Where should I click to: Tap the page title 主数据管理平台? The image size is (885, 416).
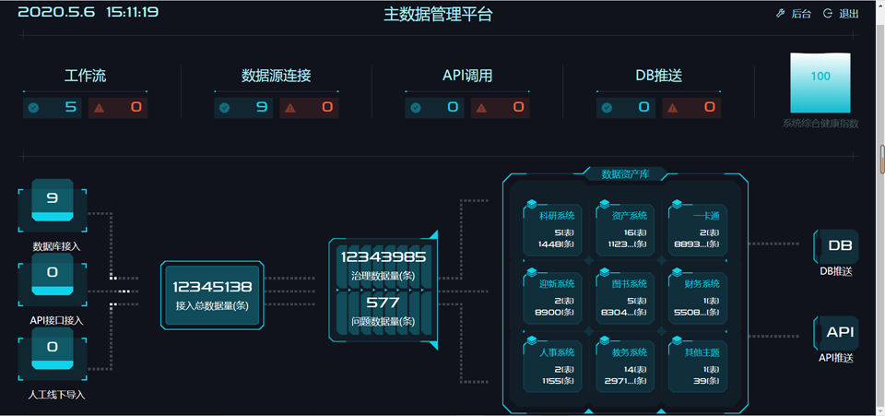[438, 14]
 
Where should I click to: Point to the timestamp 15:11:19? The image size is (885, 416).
[132, 13]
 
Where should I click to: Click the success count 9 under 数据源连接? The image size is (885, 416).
[262, 108]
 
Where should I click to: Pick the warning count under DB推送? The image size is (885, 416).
[710, 108]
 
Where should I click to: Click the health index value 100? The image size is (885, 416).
[820, 77]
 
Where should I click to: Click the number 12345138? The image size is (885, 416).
[212, 287]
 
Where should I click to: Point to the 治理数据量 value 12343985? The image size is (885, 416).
[383, 257]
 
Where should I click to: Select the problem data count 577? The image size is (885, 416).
[383, 303]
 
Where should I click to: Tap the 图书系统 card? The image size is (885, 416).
[625, 297]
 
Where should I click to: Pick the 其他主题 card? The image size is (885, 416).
[700, 365]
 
